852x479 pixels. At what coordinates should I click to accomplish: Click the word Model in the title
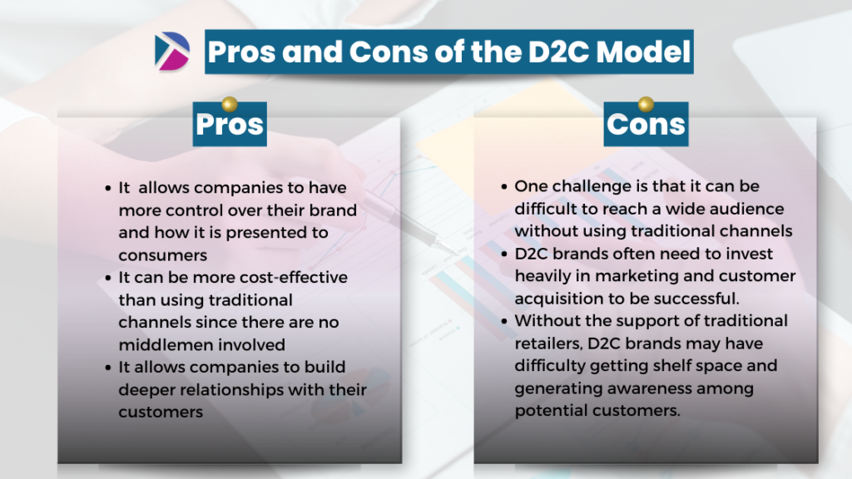[x=643, y=52]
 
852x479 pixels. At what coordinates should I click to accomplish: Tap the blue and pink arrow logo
[x=172, y=52]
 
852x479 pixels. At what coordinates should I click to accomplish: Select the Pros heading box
[x=230, y=124]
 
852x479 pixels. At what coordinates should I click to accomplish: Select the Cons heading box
[x=646, y=124]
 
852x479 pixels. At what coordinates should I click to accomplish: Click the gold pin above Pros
[x=230, y=104]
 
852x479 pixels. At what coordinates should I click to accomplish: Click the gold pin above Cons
[x=646, y=104]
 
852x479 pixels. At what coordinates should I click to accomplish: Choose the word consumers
[x=163, y=255]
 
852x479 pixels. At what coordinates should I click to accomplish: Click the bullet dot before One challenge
[x=504, y=187]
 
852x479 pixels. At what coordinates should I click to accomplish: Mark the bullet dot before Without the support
[x=504, y=322]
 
